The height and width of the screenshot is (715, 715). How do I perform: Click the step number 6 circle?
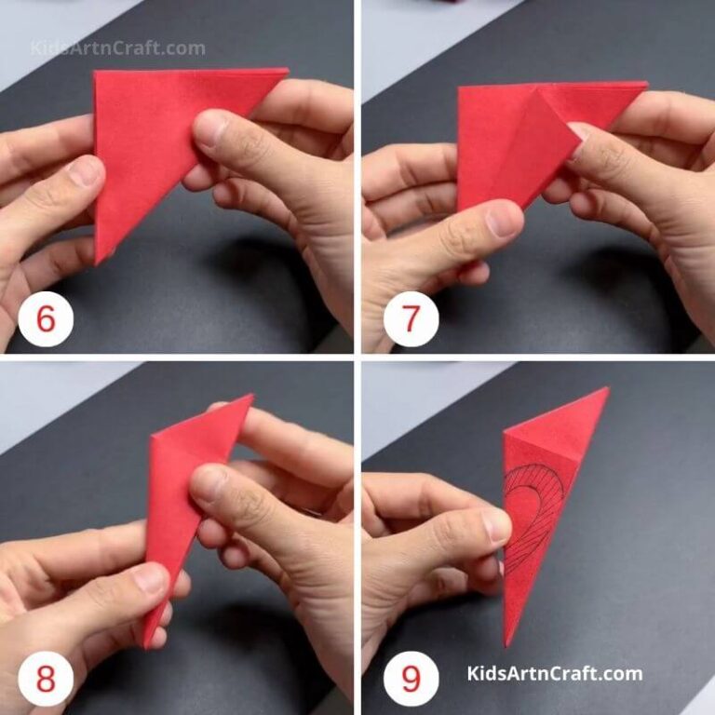(x=45, y=318)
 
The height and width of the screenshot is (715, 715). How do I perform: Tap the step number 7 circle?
(x=411, y=318)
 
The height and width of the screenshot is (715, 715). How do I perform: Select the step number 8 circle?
(x=45, y=679)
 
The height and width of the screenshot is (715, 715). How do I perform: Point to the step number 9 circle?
(x=411, y=679)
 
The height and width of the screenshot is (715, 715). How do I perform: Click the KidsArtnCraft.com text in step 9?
(x=555, y=673)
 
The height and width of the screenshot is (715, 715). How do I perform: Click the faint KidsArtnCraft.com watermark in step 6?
(x=117, y=47)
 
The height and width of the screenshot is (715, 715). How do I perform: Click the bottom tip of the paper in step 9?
(x=507, y=642)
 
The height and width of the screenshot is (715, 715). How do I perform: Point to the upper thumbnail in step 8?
(x=210, y=484)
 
